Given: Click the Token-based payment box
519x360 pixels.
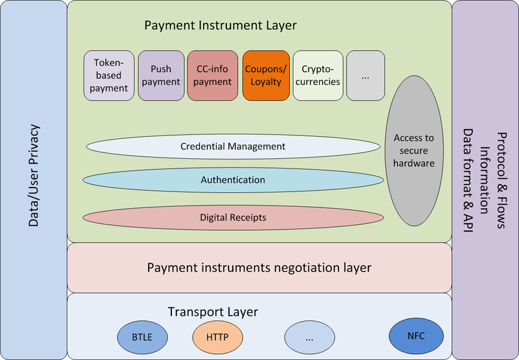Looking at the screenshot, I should point(109,76).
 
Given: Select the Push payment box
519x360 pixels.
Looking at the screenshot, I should point(161,76).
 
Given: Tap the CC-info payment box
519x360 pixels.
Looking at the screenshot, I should point(213,76).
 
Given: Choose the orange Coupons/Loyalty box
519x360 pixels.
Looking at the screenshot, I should point(265,76).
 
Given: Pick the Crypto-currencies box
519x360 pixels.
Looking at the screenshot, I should point(317,76).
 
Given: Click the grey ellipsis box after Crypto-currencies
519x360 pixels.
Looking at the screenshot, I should point(365,76).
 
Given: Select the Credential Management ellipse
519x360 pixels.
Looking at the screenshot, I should point(232,147).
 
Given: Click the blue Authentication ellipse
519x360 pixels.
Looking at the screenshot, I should point(232,180).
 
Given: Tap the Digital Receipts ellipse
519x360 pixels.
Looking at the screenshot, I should point(232,217).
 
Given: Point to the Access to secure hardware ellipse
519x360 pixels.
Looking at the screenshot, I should point(414,150).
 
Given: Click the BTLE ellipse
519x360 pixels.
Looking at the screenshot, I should point(143,337).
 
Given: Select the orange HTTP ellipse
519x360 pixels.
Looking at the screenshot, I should point(218,337).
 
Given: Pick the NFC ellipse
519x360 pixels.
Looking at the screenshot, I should point(416,336).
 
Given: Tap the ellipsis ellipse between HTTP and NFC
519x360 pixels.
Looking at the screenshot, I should point(310,337).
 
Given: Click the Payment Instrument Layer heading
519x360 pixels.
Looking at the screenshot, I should point(221,26).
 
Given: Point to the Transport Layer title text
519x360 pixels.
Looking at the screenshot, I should point(213,312).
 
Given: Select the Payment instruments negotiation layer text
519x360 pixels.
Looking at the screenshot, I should point(259,267).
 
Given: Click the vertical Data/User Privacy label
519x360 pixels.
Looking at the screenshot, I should point(34,175).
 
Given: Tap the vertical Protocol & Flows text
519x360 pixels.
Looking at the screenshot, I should point(503,180).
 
